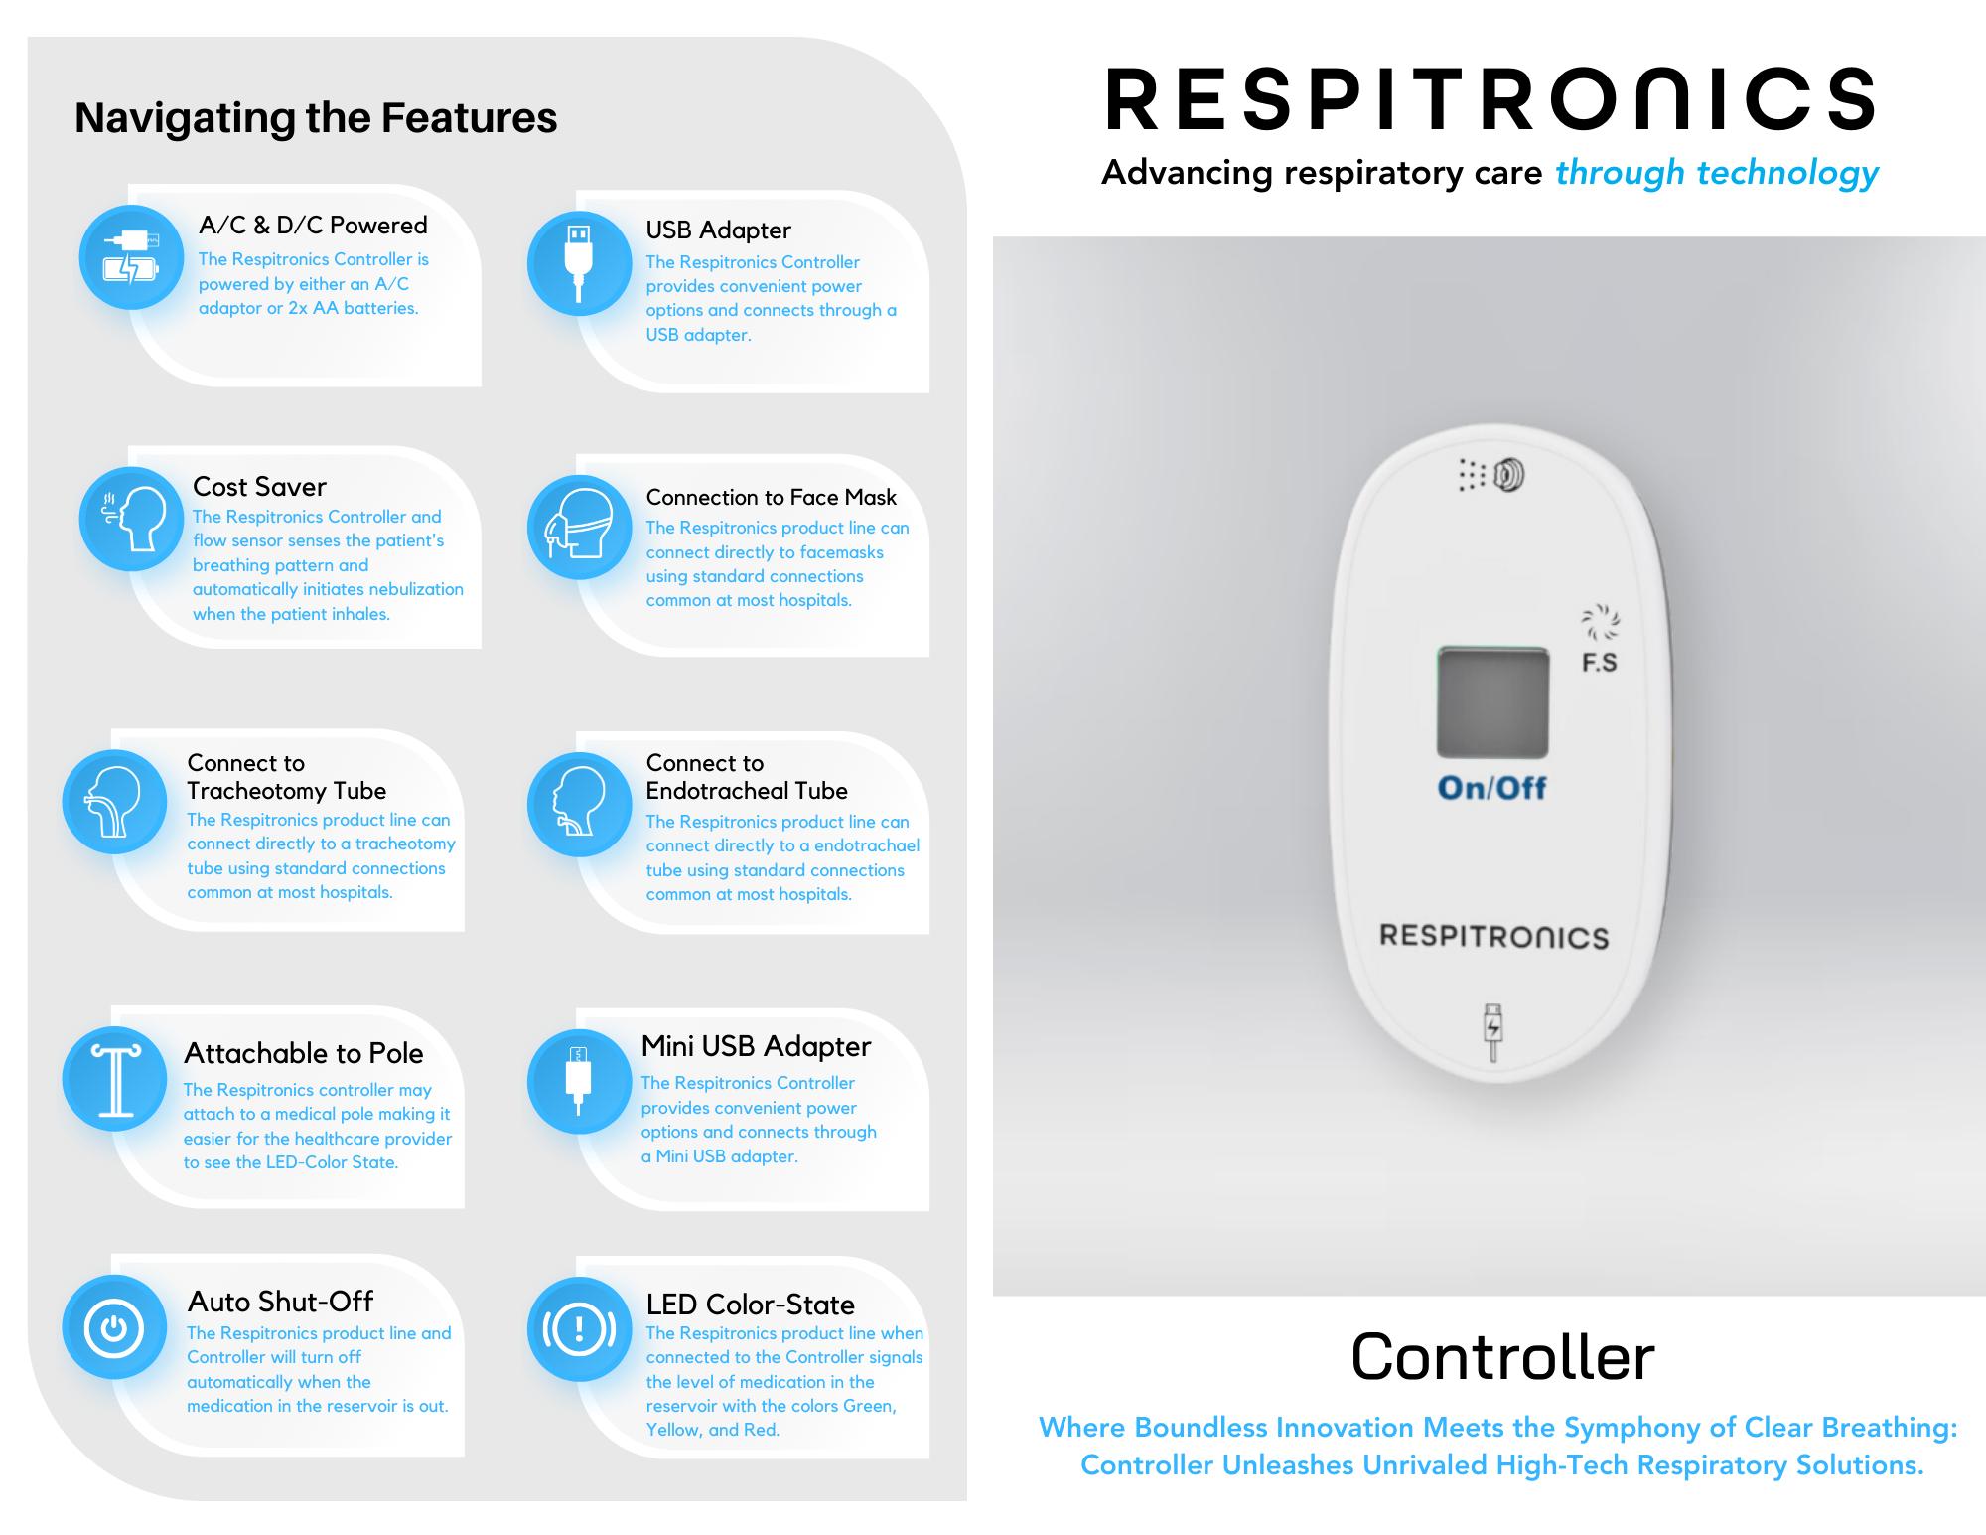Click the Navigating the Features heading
tap(316, 118)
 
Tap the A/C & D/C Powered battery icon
tap(131, 257)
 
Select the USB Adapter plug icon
tap(579, 263)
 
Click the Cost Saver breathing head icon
tap(131, 519)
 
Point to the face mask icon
tap(579, 527)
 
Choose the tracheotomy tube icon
tap(114, 802)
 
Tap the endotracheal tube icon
tap(579, 804)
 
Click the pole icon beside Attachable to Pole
tap(114, 1079)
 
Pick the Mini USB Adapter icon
tap(579, 1081)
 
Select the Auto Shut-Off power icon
tap(114, 1327)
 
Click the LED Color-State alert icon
tap(579, 1329)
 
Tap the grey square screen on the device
tap(1492, 702)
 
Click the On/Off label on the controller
tap(1491, 788)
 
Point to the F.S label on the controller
tap(1599, 663)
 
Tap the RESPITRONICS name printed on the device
tap(1493, 936)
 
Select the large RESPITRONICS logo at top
tap(1489, 99)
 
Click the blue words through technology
tap(1716, 173)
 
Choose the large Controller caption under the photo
tap(1502, 1357)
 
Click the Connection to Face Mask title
tap(771, 497)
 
